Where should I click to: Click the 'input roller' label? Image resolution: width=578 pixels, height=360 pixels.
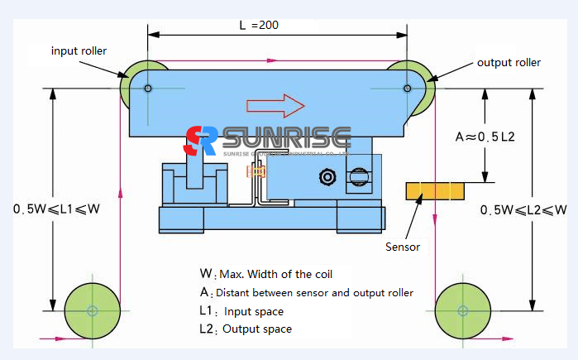[x=79, y=50]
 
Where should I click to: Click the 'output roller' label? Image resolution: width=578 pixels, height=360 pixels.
[x=509, y=62]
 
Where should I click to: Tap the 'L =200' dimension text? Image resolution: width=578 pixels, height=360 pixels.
[x=258, y=25]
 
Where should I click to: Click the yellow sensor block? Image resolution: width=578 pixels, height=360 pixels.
[x=434, y=191]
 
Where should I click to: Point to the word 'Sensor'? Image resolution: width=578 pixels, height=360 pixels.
[x=403, y=247]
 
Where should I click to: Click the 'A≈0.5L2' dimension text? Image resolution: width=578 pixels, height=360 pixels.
[x=485, y=136]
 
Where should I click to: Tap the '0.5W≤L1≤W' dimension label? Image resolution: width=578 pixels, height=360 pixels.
[x=56, y=209]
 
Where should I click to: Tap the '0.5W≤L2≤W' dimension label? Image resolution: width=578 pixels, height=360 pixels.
[x=523, y=209]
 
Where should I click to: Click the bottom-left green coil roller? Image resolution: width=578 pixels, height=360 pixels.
[x=92, y=311]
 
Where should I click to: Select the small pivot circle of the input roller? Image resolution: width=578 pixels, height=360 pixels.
[x=147, y=89]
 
